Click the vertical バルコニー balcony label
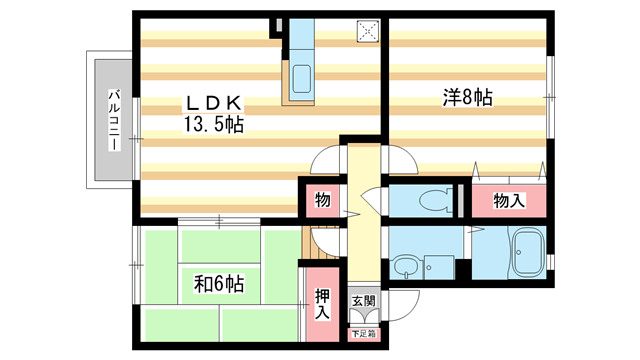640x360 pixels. pos(114,120)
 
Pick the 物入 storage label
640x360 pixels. pos(509,201)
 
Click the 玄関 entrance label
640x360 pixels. pos(362,300)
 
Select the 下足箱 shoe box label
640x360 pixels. pos(362,333)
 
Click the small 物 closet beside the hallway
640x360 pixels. pos(322,200)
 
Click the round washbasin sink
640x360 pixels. pos(404,268)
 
